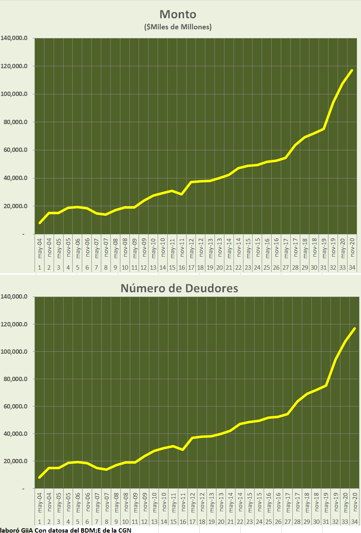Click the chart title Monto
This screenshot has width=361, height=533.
click(178, 14)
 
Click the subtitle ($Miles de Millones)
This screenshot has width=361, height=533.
click(178, 27)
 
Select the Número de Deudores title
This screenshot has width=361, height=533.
click(179, 288)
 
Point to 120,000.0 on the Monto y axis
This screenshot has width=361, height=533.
click(14, 66)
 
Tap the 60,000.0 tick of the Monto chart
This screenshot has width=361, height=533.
click(15, 150)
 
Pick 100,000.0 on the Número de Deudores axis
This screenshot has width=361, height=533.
click(14, 352)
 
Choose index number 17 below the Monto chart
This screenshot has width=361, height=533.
click(191, 268)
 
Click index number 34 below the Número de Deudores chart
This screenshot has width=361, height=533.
click(354, 522)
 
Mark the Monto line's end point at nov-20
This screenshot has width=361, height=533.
click(352, 70)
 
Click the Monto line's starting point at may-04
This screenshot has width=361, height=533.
click(40, 223)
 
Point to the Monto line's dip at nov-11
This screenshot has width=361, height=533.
click(181, 194)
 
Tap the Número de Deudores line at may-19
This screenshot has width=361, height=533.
click(326, 385)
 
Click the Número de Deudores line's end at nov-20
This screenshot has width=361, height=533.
click(355, 328)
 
